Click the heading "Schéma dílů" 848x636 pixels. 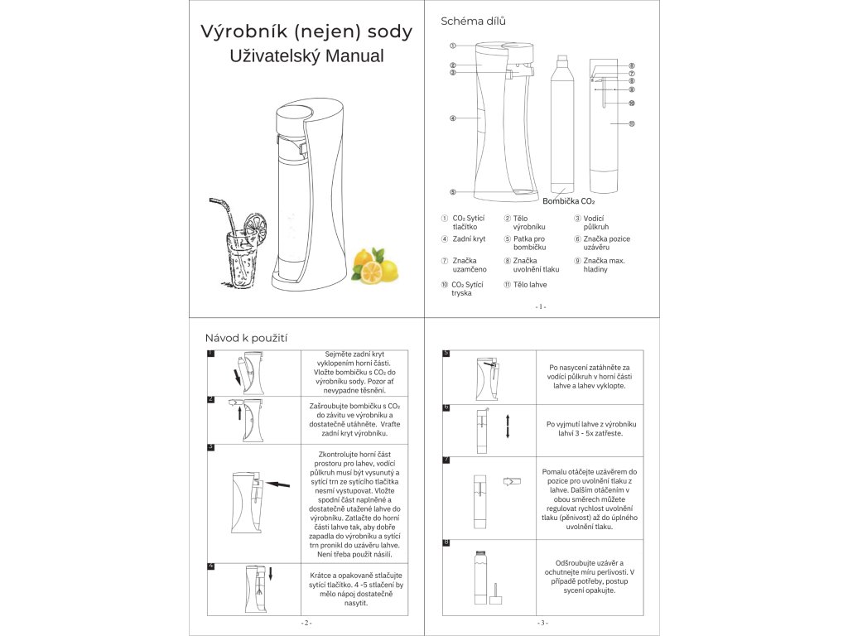(x=474, y=21)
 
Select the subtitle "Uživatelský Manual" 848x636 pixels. (x=306, y=57)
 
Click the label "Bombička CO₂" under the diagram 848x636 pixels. (x=569, y=200)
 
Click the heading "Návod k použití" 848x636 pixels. (x=246, y=338)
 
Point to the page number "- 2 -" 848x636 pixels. (x=306, y=623)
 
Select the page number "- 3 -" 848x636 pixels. (x=542, y=623)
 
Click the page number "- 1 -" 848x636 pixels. (x=541, y=306)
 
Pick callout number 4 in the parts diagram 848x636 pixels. (x=453, y=118)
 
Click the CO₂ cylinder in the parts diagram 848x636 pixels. (x=563, y=124)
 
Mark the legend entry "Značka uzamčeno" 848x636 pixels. (x=469, y=265)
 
